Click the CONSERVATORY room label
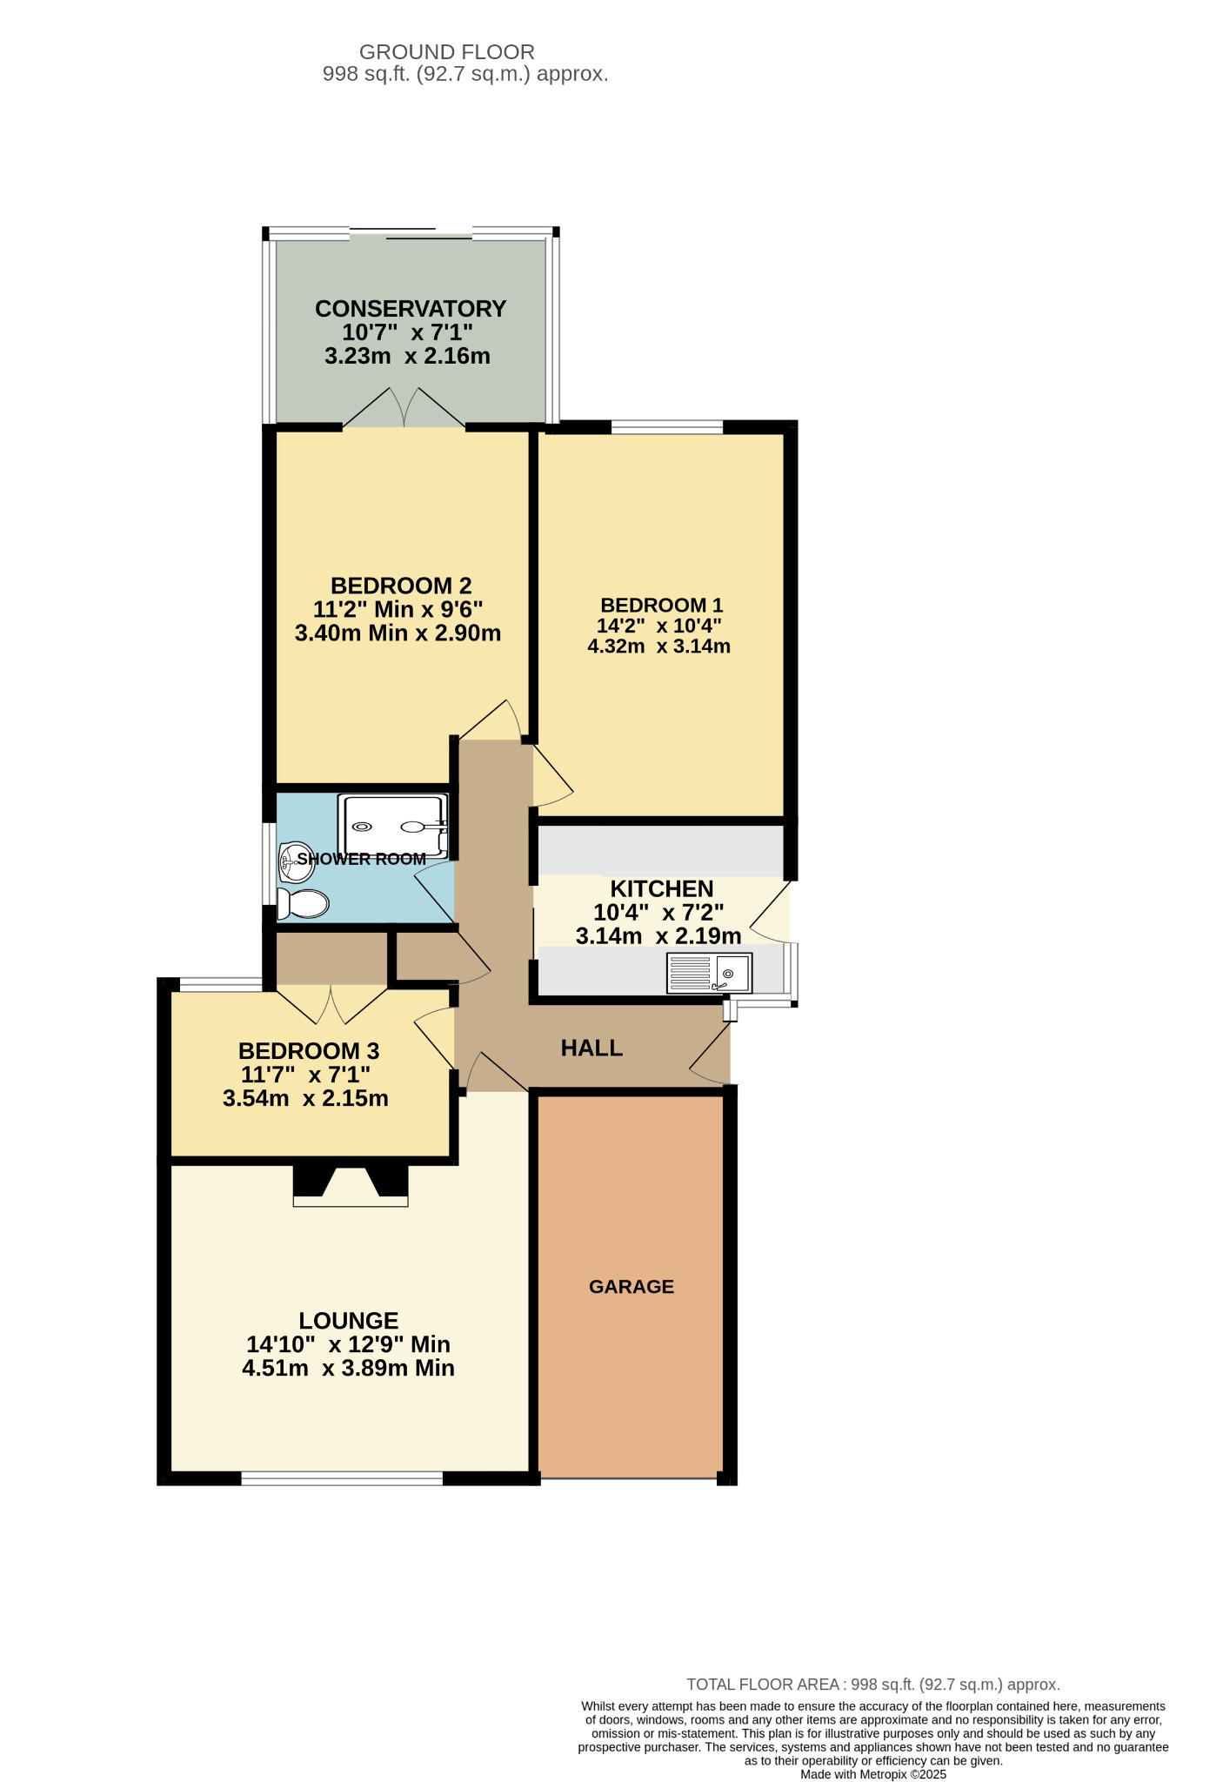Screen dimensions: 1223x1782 pos(411,309)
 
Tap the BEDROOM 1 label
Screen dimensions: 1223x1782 pos(662,605)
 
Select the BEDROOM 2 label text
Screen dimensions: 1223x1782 pos(401,586)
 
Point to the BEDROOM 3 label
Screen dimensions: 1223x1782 pos(309,1051)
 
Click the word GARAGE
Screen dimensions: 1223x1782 pos(632,1286)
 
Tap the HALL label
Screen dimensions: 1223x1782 pos(591,1048)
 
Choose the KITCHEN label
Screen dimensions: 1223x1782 pos(662,888)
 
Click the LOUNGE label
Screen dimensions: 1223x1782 pos(349,1321)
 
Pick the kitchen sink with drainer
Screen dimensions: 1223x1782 pos(709,973)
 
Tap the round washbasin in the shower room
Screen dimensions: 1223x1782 pos(296,861)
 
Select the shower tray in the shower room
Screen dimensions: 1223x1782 pos(393,826)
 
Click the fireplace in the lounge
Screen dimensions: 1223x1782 pos(351,1186)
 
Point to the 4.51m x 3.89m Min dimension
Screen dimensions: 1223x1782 pos(348,1368)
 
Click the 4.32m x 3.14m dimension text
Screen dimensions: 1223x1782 pos(659,646)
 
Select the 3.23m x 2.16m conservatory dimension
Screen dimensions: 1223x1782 pos(407,356)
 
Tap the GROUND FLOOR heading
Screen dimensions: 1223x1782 pos(447,52)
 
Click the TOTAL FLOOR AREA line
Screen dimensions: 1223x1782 pos(873,1684)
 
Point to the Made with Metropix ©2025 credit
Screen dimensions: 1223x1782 pos(873,1774)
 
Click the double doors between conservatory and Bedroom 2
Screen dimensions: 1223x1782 pos(404,408)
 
